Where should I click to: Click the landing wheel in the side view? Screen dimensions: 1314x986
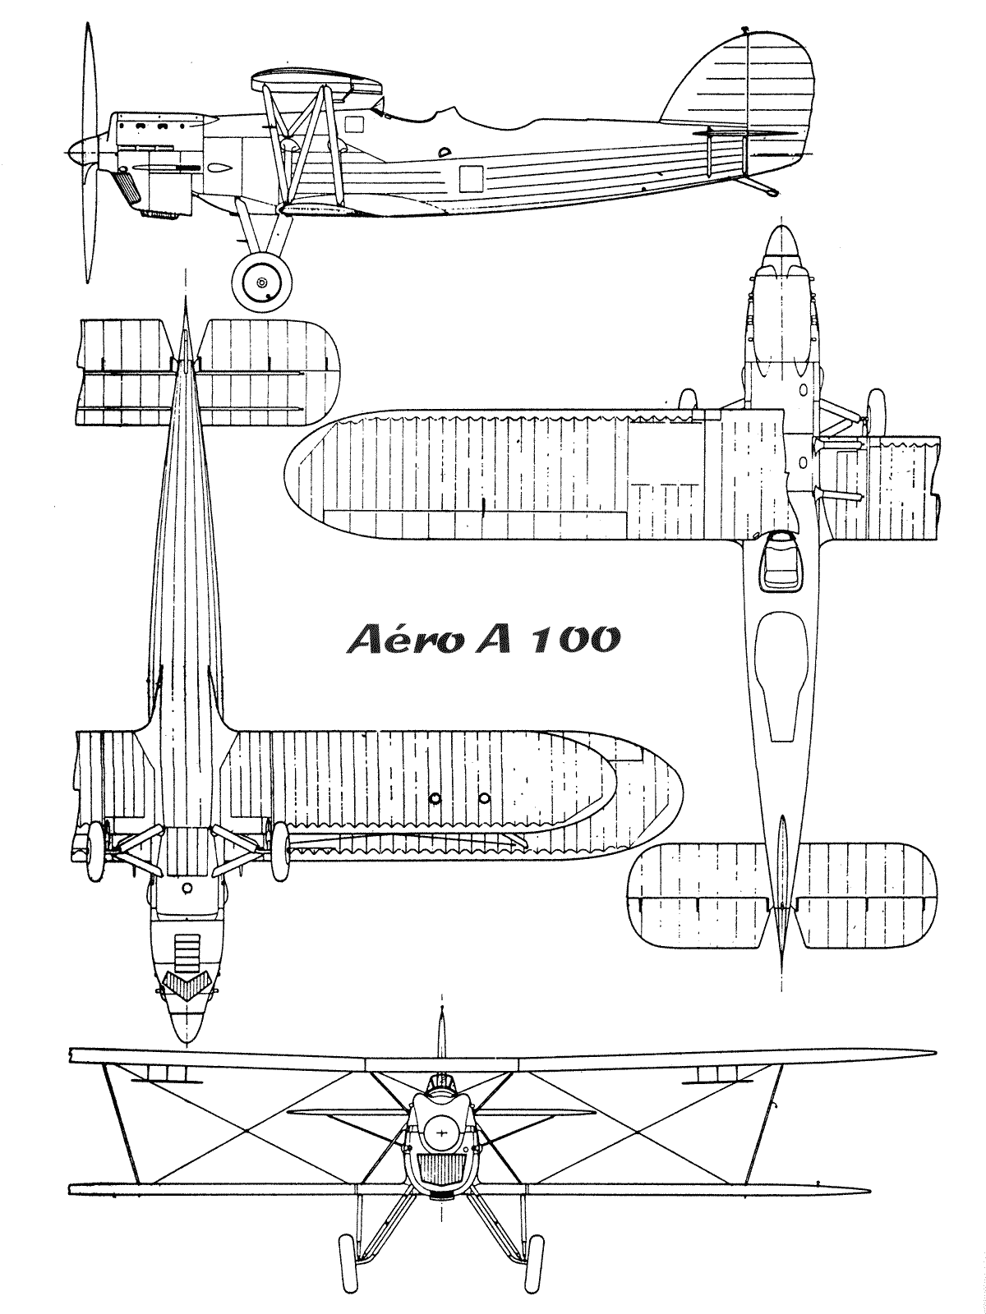pos(262,283)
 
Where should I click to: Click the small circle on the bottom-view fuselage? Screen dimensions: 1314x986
pos(187,888)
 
